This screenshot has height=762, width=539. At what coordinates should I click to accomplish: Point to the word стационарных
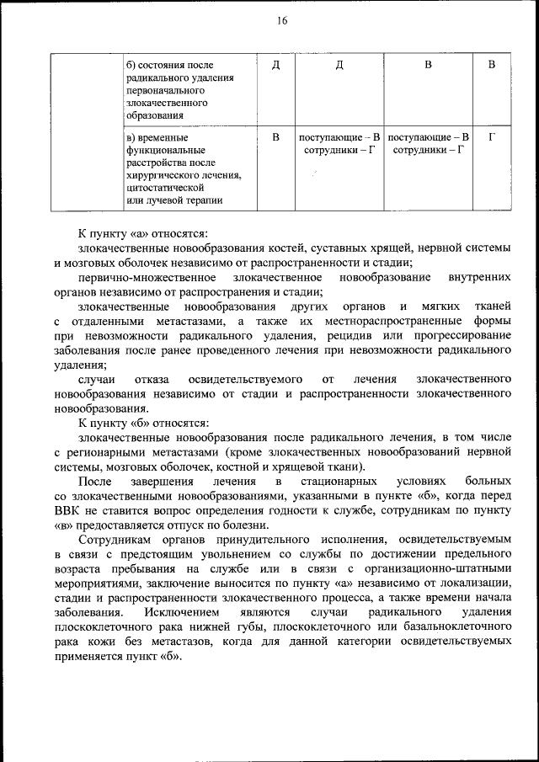coord(328,480)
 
